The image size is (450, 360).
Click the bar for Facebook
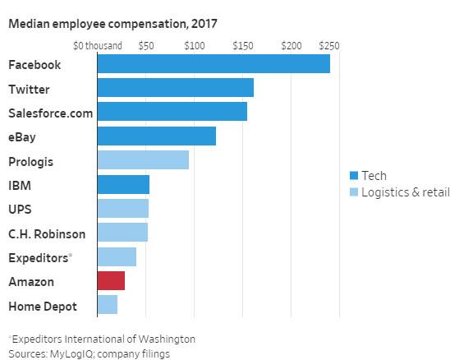[214, 64]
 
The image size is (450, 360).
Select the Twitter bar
[175, 88]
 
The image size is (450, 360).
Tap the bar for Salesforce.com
[172, 112]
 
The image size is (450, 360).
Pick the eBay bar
[156, 136]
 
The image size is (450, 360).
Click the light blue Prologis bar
[143, 160]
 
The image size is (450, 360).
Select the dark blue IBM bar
[123, 184]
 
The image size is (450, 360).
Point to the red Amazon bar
[111, 281]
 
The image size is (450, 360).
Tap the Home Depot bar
[107, 306]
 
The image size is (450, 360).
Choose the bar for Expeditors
[117, 257]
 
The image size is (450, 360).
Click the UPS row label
[21, 210]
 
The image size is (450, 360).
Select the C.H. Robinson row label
[47, 233]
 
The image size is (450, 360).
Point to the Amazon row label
[31, 282]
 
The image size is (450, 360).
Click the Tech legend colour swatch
[354, 175]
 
